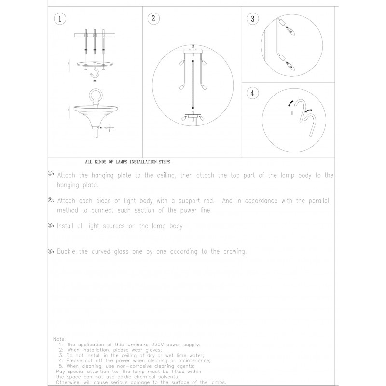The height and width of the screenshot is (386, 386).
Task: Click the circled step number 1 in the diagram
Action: [59, 19]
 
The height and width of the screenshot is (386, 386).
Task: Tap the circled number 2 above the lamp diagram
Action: [153, 19]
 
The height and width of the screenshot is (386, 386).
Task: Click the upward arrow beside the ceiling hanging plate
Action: [69, 64]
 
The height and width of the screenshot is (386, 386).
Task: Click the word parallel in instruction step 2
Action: [317, 200]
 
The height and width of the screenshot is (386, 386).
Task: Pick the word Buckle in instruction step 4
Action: [67, 252]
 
